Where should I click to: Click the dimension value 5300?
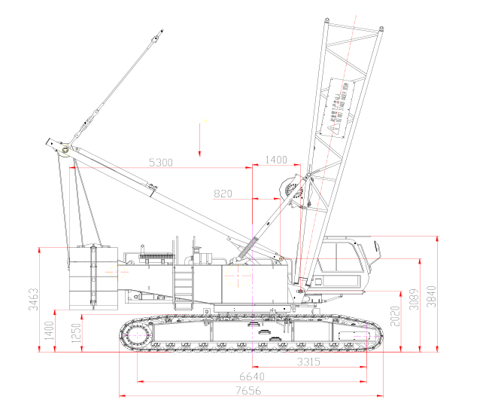(x=162, y=162)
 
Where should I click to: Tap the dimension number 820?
(x=223, y=194)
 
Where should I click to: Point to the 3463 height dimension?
(x=32, y=299)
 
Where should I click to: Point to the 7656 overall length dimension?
(x=251, y=390)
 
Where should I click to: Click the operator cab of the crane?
(x=345, y=261)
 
